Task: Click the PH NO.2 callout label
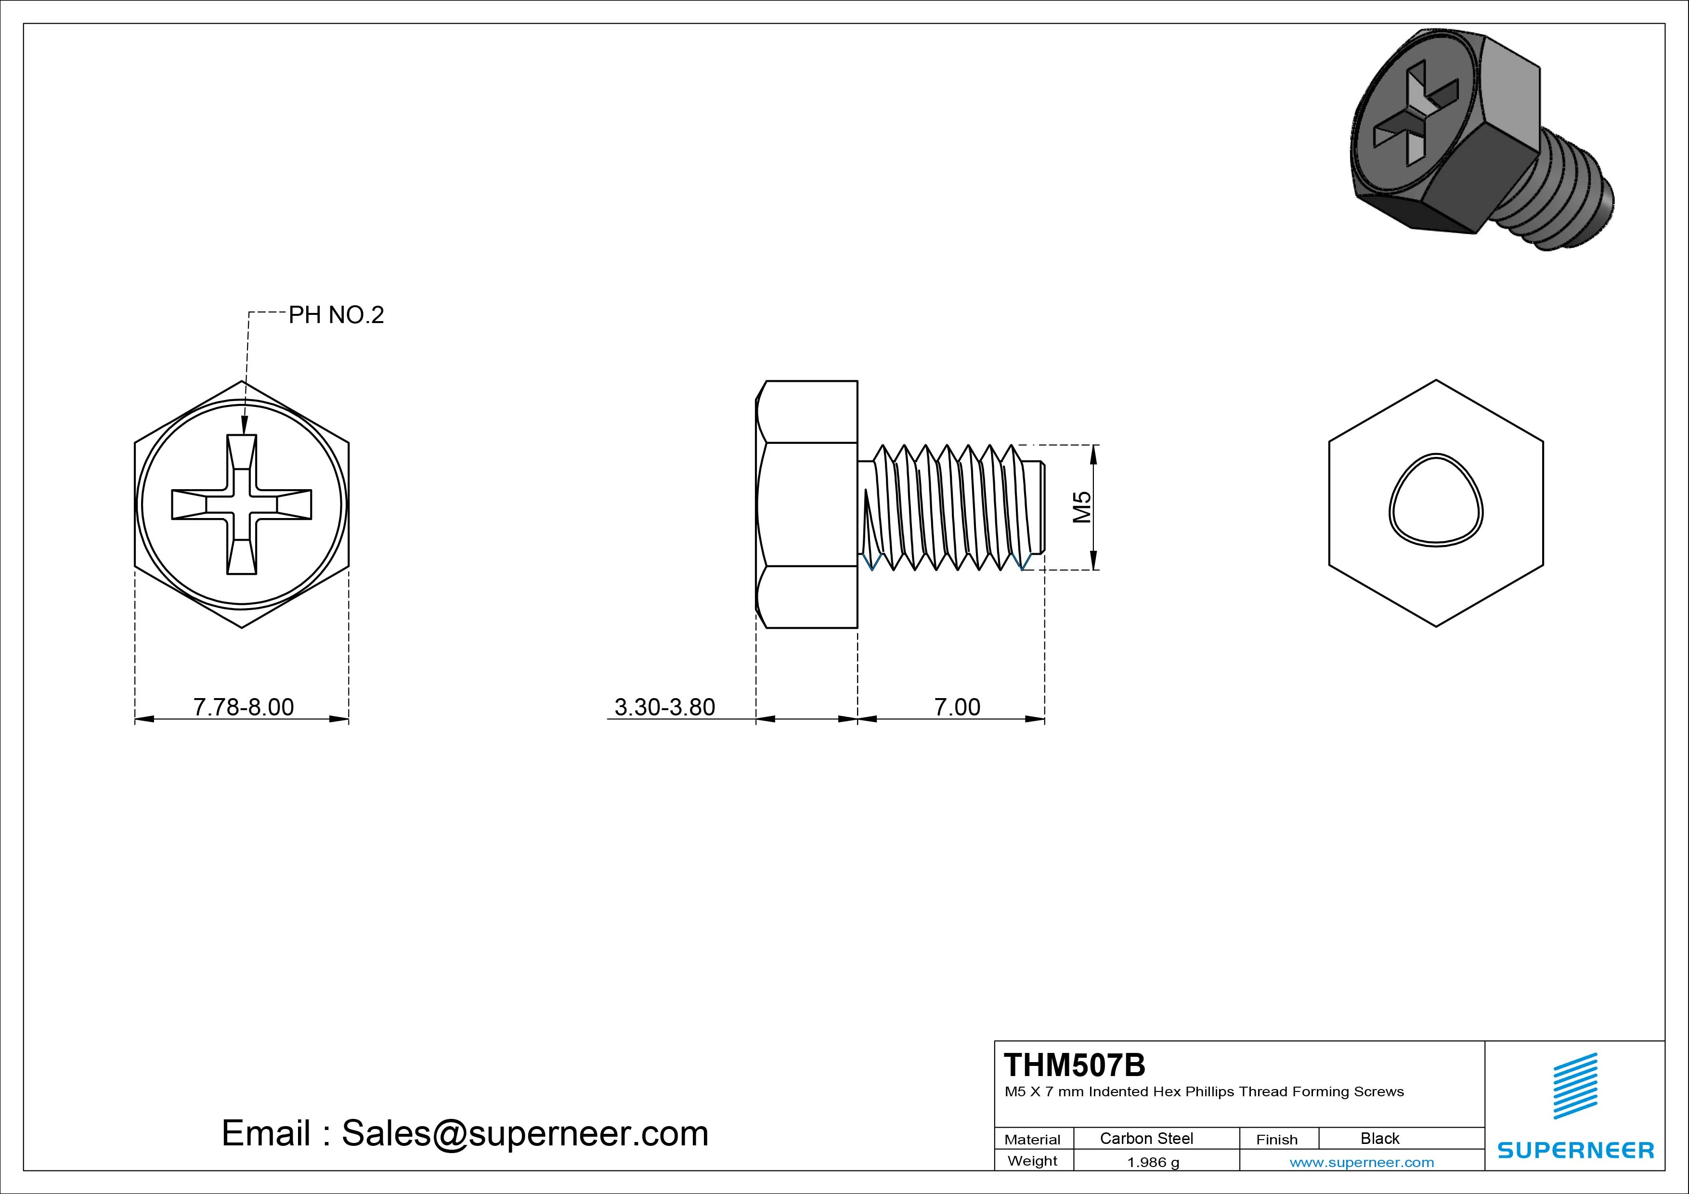tap(336, 315)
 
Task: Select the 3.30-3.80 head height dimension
tap(664, 707)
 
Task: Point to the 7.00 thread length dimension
tap(957, 707)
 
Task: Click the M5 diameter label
tap(1081, 507)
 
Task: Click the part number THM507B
tap(1074, 1065)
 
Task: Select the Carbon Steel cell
tap(1146, 1138)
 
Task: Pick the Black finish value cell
tap(1379, 1138)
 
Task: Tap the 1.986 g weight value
tap(1153, 1162)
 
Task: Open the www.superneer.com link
tap(1362, 1162)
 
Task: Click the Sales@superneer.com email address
tap(524, 1133)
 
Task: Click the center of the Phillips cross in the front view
tap(242, 504)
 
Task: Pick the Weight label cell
tap(1032, 1161)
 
